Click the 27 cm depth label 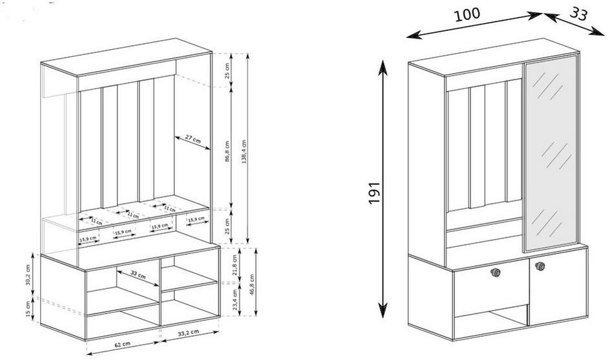click(x=193, y=138)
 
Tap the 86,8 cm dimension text click(x=227, y=151)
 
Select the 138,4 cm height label click(x=244, y=151)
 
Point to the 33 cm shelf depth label click(x=138, y=275)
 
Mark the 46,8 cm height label click(x=252, y=284)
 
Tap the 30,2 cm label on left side click(x=28, y=275)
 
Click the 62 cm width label click(x=123, y=344)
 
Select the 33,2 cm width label click(x=188, y=333)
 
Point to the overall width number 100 click(x=467, y=14)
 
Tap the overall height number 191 click(x=374, y=192)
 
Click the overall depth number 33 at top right click(x=578, y=14)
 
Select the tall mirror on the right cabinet click(x=551, y=153)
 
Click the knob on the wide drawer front click(x=495, y=273)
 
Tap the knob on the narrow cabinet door click(x=540, y=266)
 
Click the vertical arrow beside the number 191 click(x=383, y=189)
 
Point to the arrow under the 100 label click(x=474, y=25)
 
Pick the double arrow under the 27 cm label click(x=193, y=143)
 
